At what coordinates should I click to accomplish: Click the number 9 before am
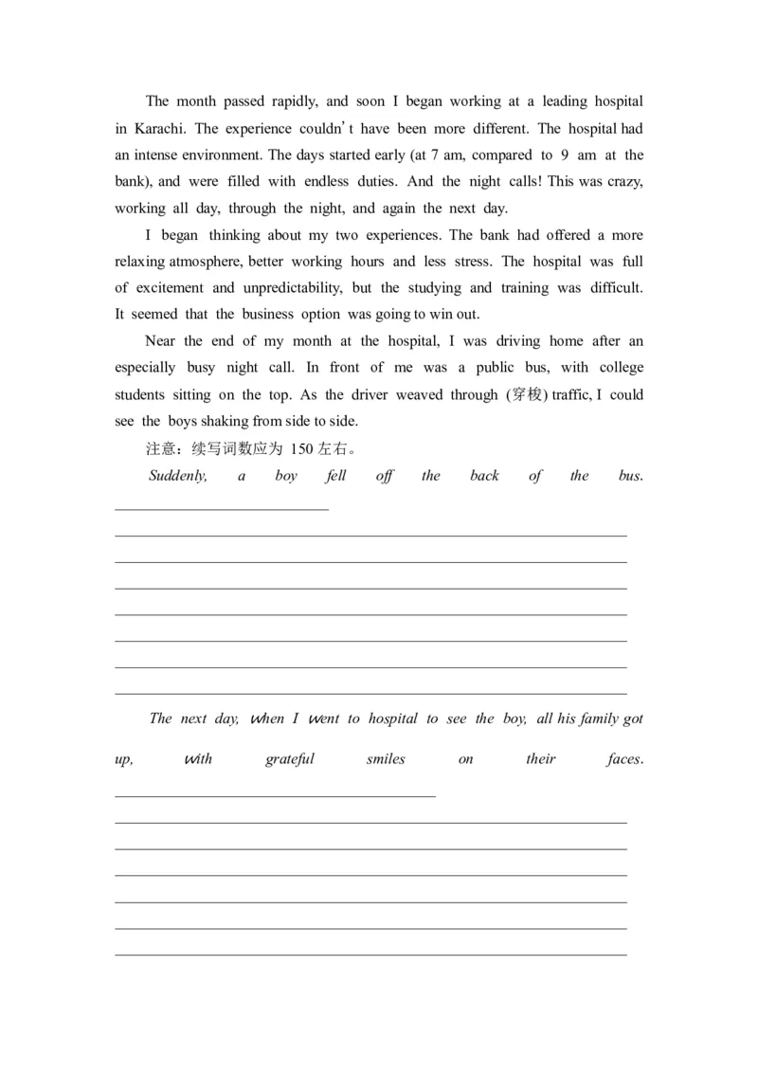(565, 155)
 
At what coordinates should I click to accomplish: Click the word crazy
(623, 181)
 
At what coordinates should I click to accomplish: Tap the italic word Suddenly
(178, 476)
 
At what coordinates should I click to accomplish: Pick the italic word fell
(335, 476)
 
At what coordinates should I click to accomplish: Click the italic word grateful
(290, 759)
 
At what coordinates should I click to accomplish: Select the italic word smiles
(385, 759)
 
